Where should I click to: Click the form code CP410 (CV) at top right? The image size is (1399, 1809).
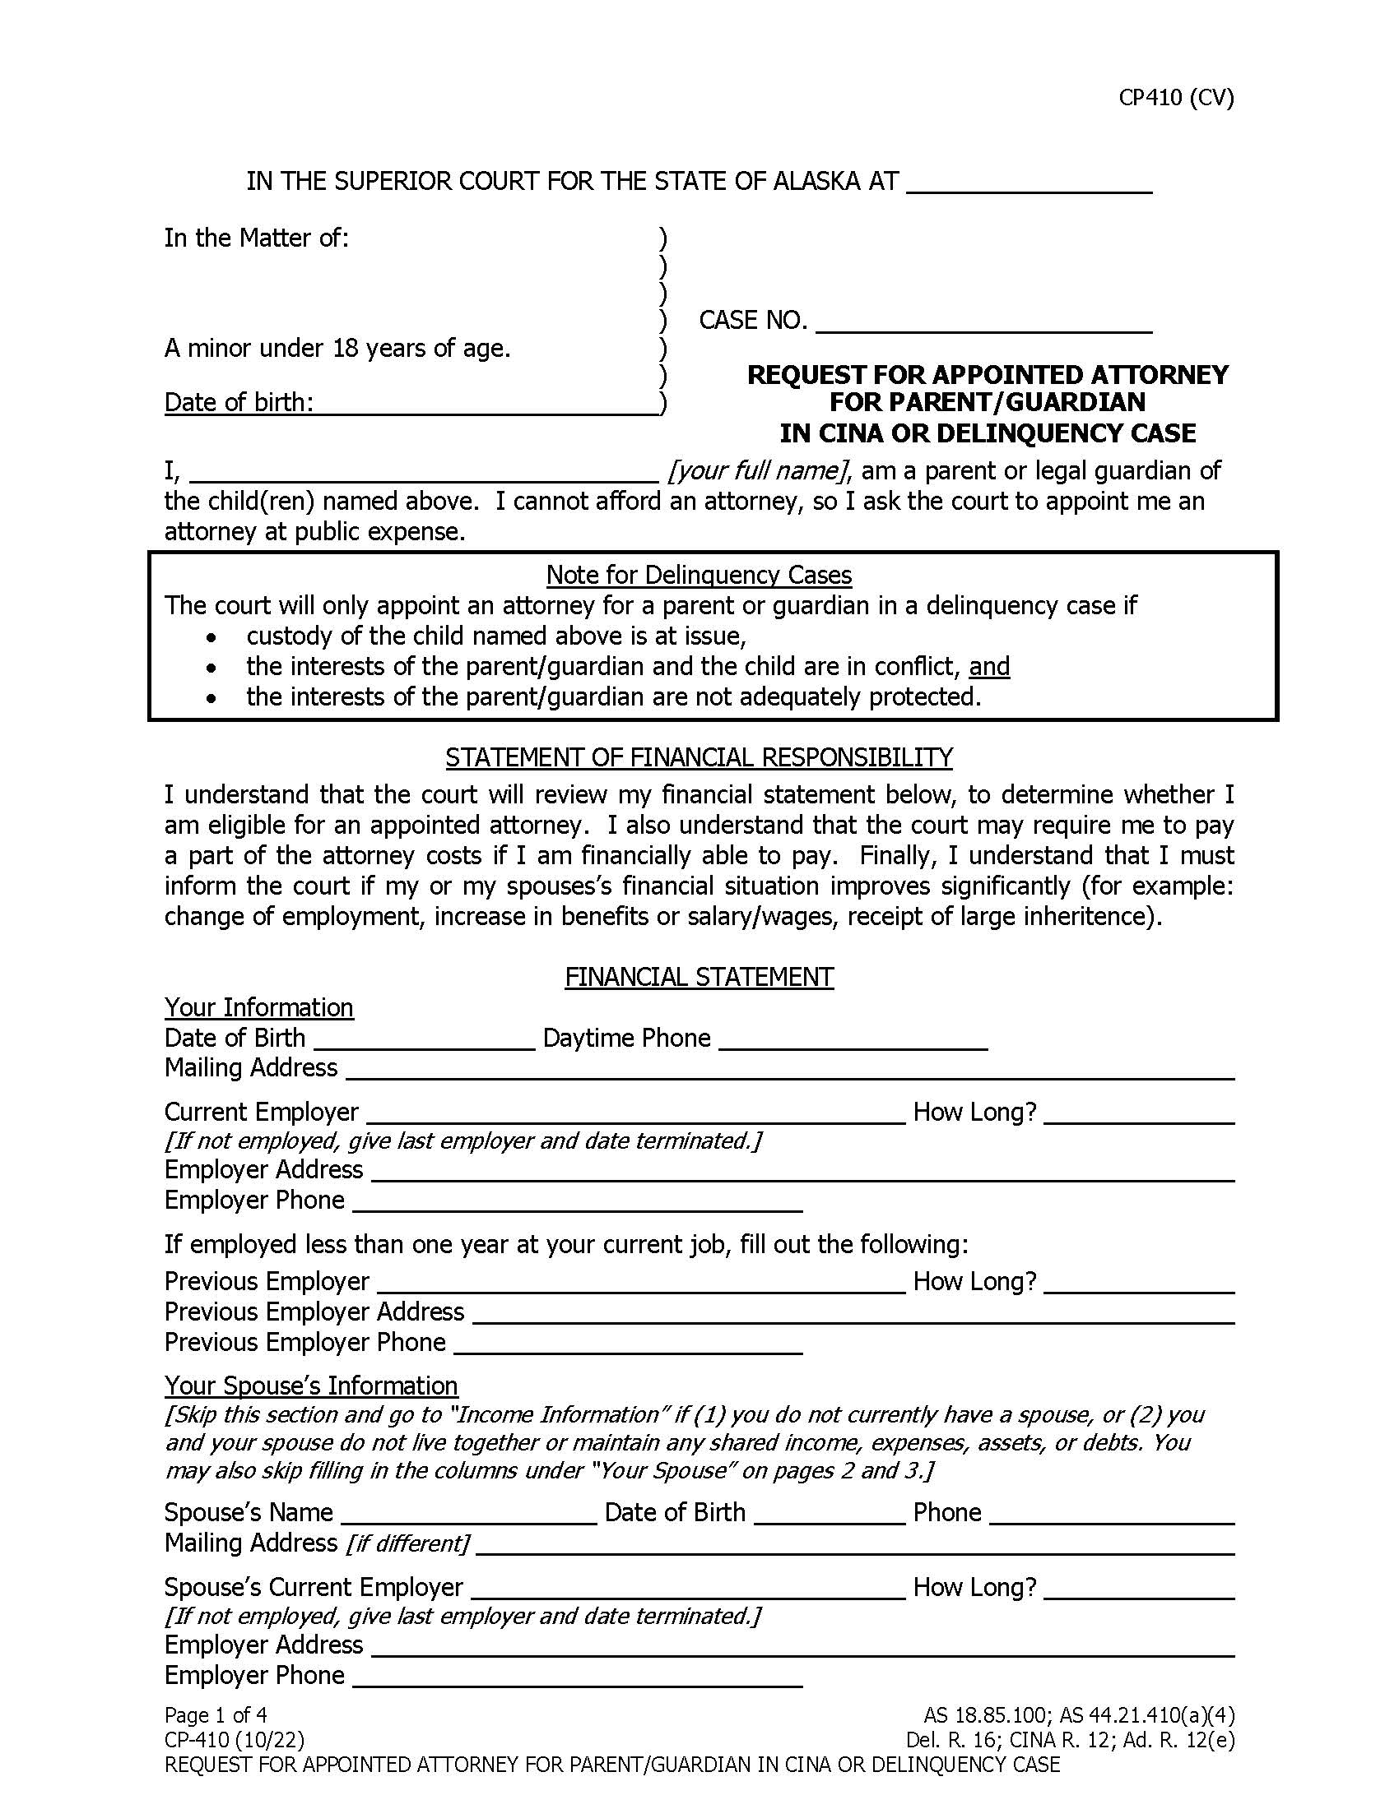tap(1175, 98)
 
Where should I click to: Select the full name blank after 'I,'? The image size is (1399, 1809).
tap(425, 472)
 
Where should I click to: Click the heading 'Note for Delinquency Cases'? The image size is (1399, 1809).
tap(699, 575)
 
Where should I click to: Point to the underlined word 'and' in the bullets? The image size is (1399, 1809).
tap(988, 667)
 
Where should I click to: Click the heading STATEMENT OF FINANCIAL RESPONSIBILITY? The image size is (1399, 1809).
tap(699, 757)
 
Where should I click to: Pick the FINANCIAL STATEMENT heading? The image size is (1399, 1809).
tap(699, 978)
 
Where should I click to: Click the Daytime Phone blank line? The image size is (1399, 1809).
tap(853, 1040)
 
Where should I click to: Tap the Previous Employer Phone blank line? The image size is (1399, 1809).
tap(628, 1344)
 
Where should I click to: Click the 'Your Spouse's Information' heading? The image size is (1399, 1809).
tap(311, 1386)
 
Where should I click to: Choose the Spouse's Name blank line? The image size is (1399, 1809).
tap(468, 1514)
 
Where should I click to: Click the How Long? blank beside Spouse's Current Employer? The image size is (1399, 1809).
tap(1140, 1588)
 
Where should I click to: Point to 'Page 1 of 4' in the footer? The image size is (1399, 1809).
tap(216, 1714)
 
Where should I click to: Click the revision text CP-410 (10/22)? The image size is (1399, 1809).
tap(234, 1739)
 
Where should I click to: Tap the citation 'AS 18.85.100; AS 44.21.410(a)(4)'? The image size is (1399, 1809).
tap(1078, 1714)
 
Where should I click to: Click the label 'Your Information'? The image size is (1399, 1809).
tap(258, 1008)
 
